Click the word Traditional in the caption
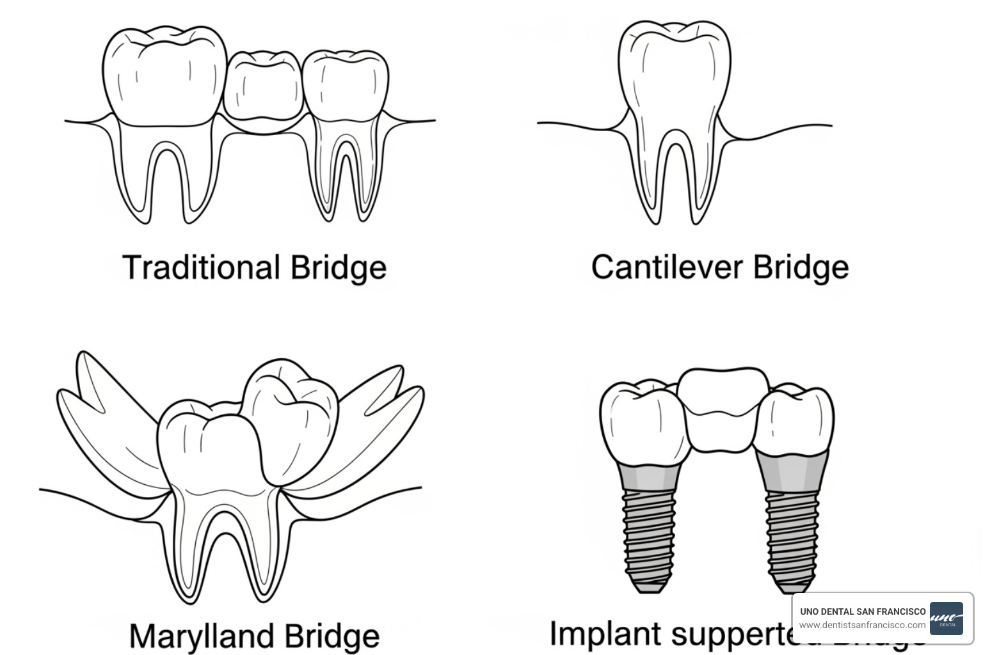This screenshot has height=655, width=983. pos(201,267)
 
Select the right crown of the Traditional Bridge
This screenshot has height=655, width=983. pos(345,86)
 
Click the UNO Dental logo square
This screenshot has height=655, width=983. pos(946,619)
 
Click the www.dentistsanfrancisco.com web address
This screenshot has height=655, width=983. pos(862,625)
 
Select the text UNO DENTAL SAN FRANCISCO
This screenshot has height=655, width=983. pos(862,612)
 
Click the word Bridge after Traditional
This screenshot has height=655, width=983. pos(339,267)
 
